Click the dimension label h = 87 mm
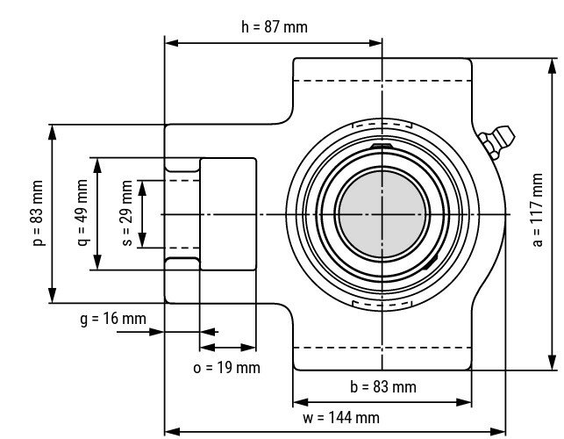(274, 26)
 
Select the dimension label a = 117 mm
(538, 213)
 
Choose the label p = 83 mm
(38, 213)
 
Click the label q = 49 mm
(82, 213)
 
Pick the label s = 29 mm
(127, 213)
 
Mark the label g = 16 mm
(113, 319)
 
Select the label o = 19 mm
(226, 367)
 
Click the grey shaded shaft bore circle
(382, 213)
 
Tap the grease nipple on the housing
(498, 142)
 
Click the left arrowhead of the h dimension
(171, 42)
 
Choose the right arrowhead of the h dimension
(377, 42)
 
